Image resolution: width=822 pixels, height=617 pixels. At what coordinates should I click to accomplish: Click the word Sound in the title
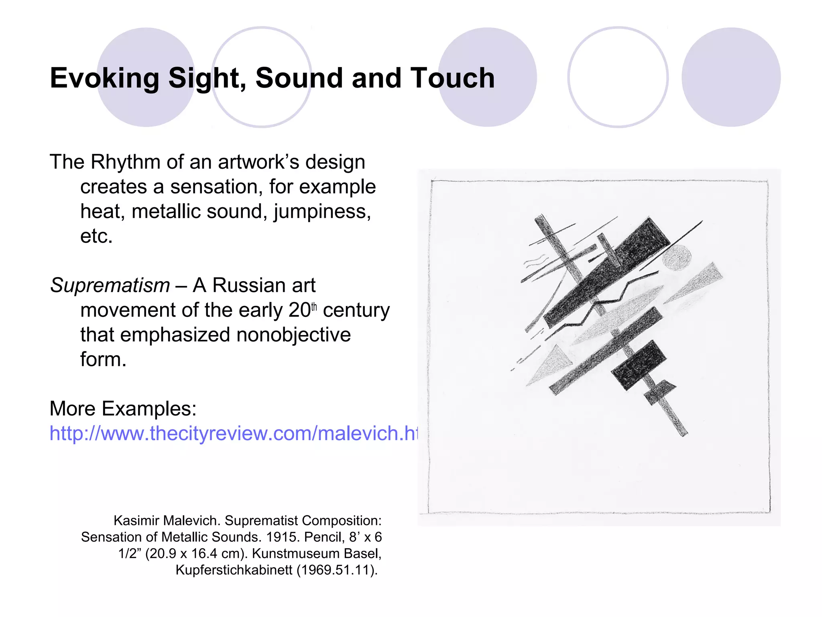(x=299, y=78)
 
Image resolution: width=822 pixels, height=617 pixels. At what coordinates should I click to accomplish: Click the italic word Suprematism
(x=110, y=286)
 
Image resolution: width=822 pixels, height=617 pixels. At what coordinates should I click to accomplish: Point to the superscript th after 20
(x=314, y=307)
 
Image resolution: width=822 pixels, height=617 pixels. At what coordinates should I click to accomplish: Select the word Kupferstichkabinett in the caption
(x=234, y=570)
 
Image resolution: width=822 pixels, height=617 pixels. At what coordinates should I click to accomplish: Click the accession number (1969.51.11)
(x=337, y=570)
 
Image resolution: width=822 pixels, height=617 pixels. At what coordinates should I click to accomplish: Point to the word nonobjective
(x=293, y=335)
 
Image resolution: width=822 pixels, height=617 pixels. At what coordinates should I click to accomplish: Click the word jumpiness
(x=322, y=212)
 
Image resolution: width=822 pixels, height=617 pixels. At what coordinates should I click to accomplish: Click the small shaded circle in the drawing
(x=677, y=257)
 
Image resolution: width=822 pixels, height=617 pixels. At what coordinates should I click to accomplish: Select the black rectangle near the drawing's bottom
(x=638, y=365)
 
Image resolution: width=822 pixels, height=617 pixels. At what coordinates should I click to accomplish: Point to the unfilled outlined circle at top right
(x=618, y=77)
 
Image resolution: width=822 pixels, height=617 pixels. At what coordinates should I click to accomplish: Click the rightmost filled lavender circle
(x=731, y=77)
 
